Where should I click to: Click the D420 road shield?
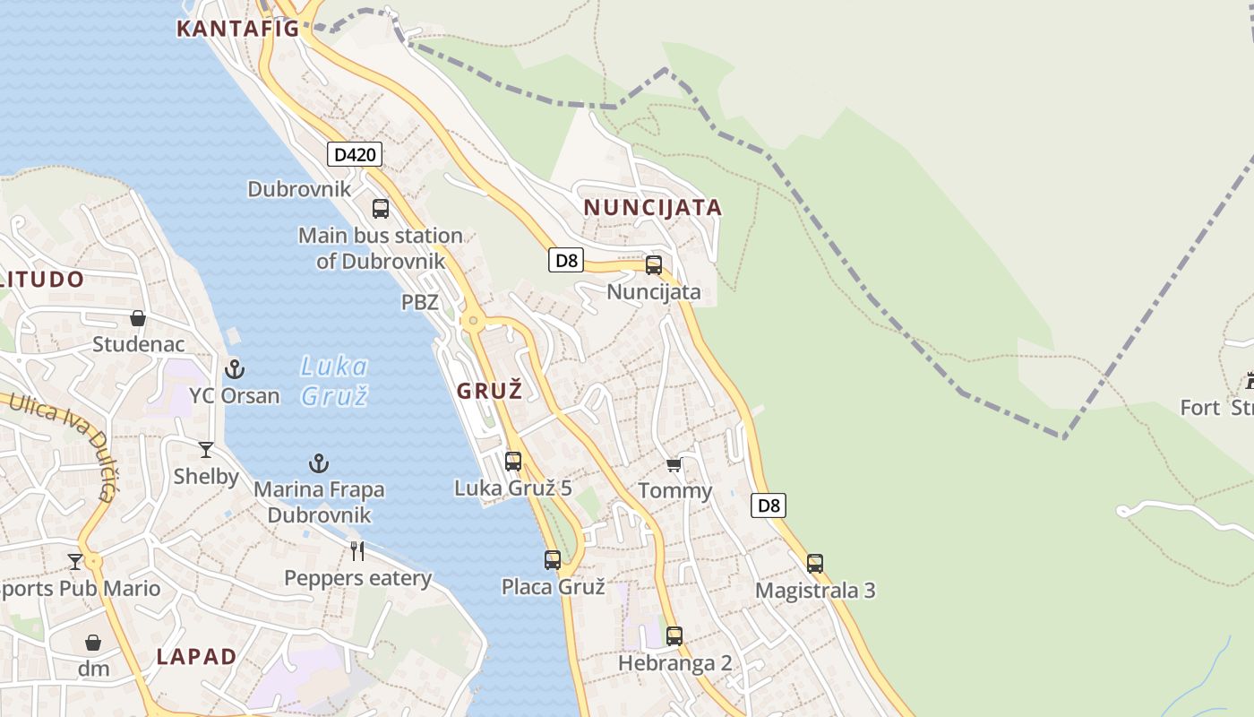pos(354,154)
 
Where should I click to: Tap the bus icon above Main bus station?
pos(381,209)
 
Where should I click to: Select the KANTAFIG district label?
pos(238,29)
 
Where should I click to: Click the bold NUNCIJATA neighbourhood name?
pos(652,208)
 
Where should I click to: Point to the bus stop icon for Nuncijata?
pos(654,265)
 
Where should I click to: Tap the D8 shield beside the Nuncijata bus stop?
pos(566,261)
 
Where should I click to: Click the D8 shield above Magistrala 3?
pos(768,505)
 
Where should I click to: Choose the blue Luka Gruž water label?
pos(333,381)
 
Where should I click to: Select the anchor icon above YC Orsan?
pos(234,368)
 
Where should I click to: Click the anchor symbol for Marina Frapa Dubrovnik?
pos(319,463)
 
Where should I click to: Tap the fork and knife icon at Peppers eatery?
pos(357,550)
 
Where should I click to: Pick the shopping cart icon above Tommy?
pos(674,464)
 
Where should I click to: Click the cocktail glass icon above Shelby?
pos(206,450)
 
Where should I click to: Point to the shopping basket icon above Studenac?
pos(138,318)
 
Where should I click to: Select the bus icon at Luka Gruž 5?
pos(513,462)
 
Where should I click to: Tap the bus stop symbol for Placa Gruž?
pos(553,560)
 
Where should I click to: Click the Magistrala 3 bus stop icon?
pos(815,564)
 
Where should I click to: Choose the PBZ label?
pos(419,303)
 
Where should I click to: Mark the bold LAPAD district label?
pos(197,656)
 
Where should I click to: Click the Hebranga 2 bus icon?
pos(674,636)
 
